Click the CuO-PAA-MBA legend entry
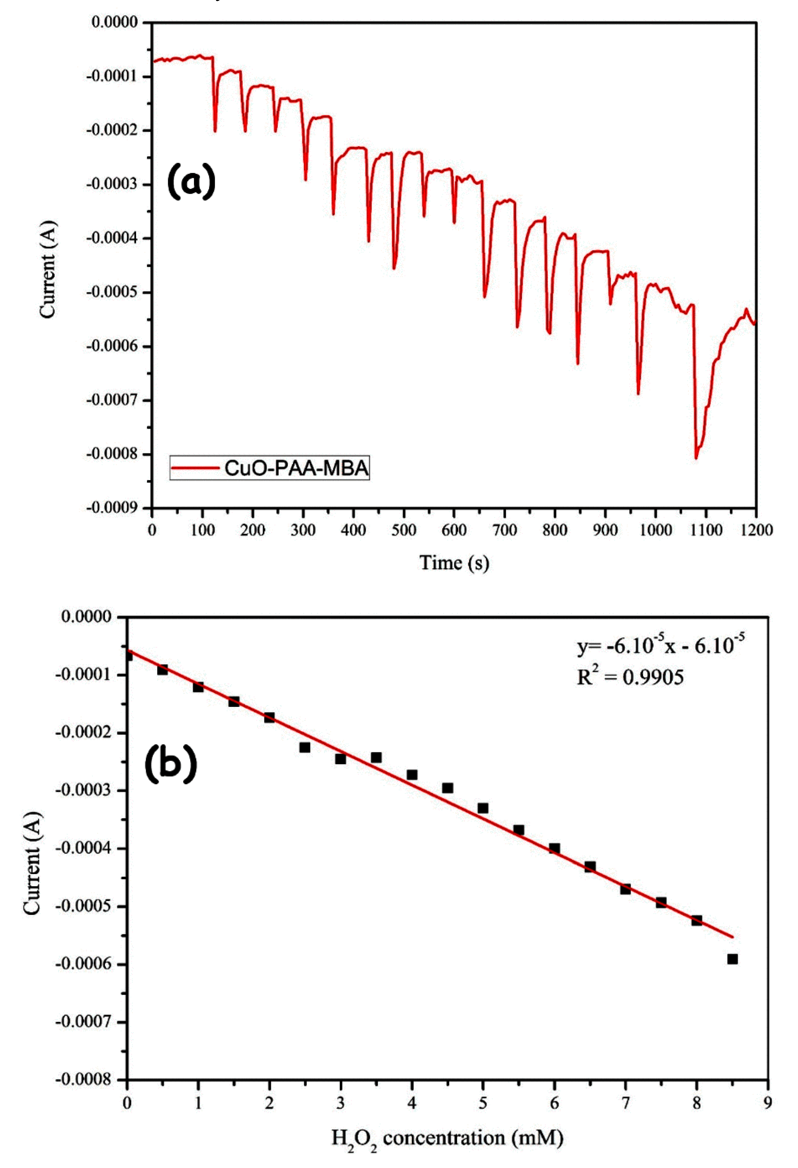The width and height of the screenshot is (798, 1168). (x=270, y=469)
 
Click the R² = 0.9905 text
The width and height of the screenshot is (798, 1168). (x=630, y=677)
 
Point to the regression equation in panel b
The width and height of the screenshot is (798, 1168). (x=660, y=646)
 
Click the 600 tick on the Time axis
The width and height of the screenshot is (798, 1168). (x=454, y=530)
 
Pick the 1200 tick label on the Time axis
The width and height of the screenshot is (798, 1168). (x=755, y=530)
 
